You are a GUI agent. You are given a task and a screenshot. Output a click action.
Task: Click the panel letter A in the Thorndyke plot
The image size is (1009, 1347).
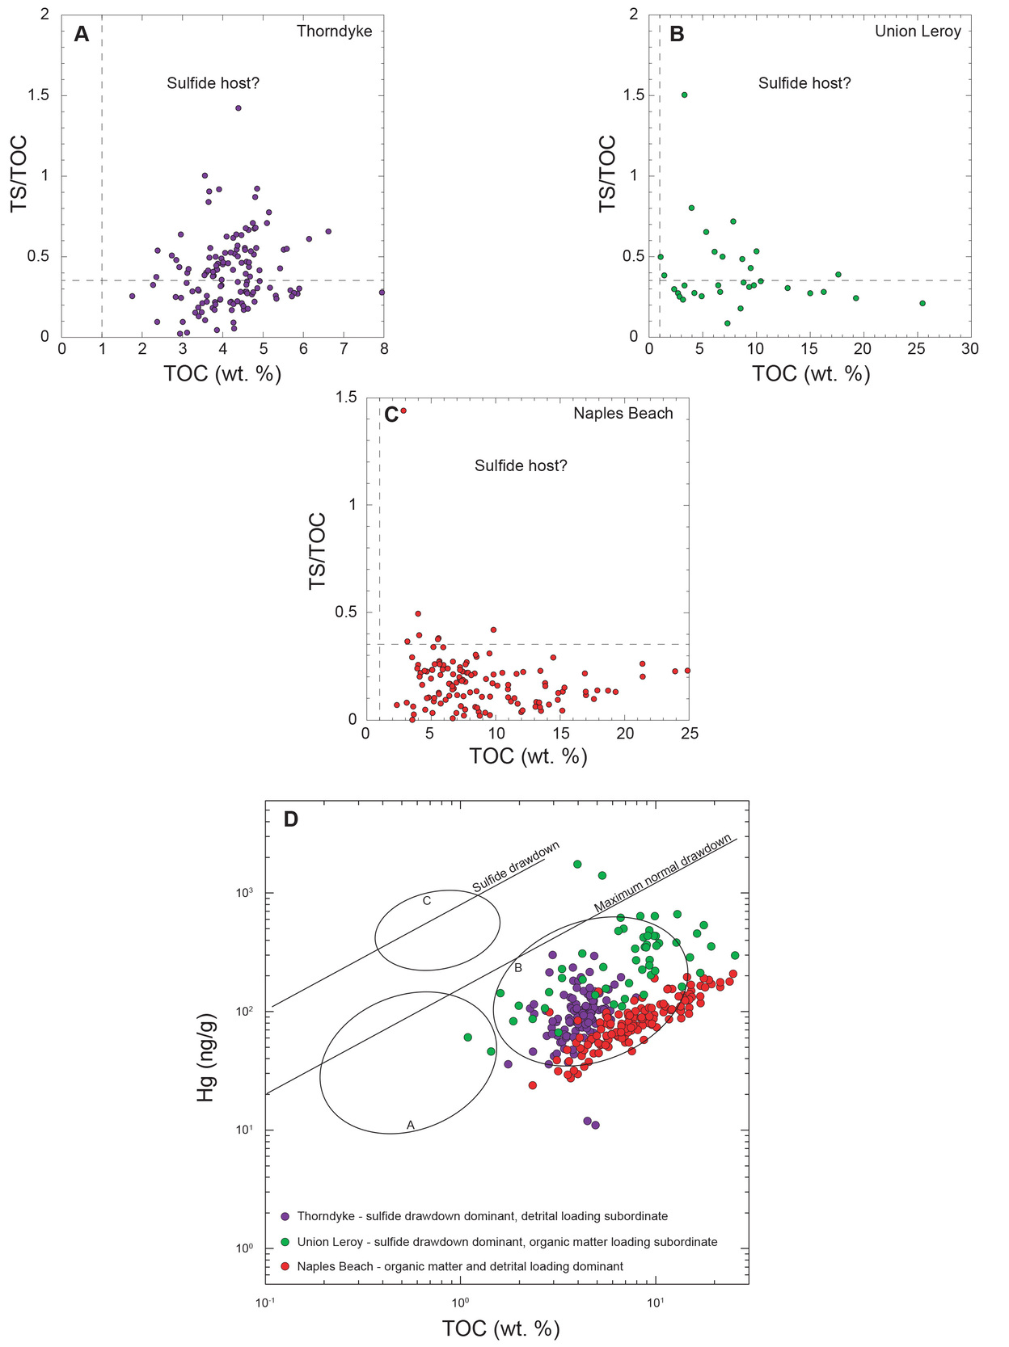pyautogui.click(x=82, y=34)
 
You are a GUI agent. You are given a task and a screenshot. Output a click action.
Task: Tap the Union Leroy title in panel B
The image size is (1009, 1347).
pyautogui.click(x=918, y=32)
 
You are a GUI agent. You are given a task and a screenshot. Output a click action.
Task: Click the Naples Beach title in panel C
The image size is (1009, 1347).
pyautogui.click(x=623, y=414)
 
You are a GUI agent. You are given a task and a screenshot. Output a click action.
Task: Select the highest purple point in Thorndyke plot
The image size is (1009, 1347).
pyautogui.click(x=238, y=107)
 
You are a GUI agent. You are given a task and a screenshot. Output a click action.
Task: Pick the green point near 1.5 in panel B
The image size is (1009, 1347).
pyautogui.click(x=684, y=95)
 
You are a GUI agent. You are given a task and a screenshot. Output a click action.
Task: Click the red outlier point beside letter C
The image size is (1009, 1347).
pyautogui.click(x=403, y=410)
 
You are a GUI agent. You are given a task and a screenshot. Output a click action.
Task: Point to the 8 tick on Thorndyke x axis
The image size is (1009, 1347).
pyautogui.click(x=384, y=349)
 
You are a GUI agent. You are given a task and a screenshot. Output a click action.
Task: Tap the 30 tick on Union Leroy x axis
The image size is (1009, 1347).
pyautogui.click(x=969, y=349)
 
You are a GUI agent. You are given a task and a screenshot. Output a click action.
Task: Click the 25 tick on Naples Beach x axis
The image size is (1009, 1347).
pyautogui.click(x=689, y=734)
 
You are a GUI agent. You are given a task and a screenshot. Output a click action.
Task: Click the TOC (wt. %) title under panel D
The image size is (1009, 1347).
pyautogui.click(x=500, y=1328)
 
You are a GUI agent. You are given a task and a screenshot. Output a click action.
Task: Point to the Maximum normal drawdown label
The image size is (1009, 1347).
pyautogui.click(x=663, y=873)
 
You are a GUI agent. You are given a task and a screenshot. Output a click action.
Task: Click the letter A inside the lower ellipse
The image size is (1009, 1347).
pyautogui.click(x=410, y=1125)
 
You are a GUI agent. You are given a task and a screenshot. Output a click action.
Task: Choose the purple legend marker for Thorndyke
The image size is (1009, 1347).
pyautogui.click(x=285, y=1216)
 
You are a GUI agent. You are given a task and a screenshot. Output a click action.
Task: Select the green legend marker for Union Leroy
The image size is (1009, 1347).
pyautogui.click(x=285, y=1242)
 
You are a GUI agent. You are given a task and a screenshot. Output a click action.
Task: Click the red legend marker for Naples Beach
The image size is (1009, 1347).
pyautogui.click(x=285, y=1266)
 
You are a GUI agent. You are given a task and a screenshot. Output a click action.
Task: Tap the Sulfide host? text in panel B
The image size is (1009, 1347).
pyautogui.click(x=804, y=83)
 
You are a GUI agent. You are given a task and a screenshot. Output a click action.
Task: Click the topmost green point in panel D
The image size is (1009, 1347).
pyautogui.click(x=577, y=864)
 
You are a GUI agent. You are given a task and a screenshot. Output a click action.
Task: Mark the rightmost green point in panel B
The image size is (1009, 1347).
pyautogui.click(x=922, y=303)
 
